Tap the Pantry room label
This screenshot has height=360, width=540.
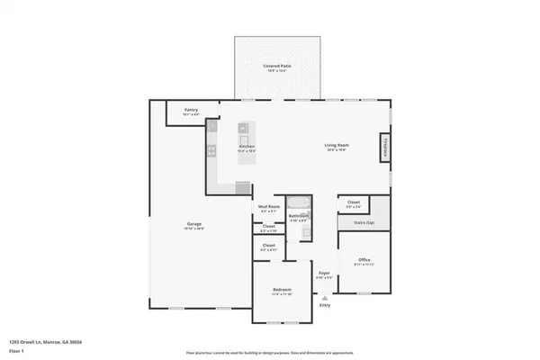pyautogui.click(x=191, y=110)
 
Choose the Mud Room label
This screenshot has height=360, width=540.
pyautogui.click(x=269, y=208)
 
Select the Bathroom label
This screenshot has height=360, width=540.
pyautogui.click(x=299, y=216)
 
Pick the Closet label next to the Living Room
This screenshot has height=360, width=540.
pyautogui.click(x=354, y=205)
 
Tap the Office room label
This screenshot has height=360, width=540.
pyautogui.click(x=364, y=260)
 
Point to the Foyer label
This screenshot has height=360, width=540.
pyautogui.click(x=324, y=274)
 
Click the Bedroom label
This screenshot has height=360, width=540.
pyautogui.click(x=283, y=291)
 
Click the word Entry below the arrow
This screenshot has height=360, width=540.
pyautogui.click(x=324, y=306)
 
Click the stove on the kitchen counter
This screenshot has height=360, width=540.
pyautogui.click(x=212, y=150)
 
